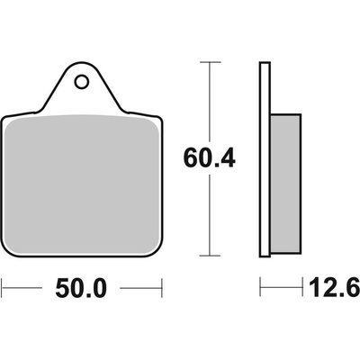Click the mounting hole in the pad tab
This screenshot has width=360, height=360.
(81, 82)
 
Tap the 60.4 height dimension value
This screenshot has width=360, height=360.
(209, 158)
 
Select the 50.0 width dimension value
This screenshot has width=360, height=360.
(81, 289)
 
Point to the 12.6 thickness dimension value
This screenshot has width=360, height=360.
(334, 287)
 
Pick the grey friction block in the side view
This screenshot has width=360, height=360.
(285, 184)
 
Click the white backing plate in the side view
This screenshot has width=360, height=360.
(265, 159)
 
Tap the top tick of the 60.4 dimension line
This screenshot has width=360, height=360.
(210, 62)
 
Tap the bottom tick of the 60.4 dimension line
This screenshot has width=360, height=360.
(210, 256)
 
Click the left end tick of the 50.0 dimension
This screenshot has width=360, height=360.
(2, 289)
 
